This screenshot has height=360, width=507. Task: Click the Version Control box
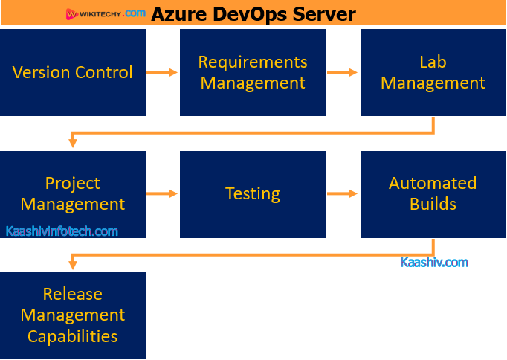pyautogui.click(x=73, y=73)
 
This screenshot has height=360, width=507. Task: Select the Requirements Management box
pyautogui.click(x=253, y=73)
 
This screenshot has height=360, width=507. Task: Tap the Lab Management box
pyautogui.click(x=433, y=73)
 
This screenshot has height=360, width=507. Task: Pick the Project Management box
pyautogui.click(x=73, y=193)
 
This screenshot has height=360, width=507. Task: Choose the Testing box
pyautogui.click(x=253, y=194)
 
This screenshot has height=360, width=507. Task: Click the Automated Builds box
pyautogui.click(x=433, y=193)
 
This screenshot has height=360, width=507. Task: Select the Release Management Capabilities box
pyautogui.click(x=73, y=315)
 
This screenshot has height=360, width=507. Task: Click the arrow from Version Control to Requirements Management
pyautogui.click(x=162, y=72)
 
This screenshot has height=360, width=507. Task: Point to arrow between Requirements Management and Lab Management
pyautogui.click(x=343, y=72)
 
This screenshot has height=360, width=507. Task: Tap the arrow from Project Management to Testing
pyautogui.click(x=162, y=193)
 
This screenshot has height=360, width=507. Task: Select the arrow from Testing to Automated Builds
pyautogui.click(x=343, y=193)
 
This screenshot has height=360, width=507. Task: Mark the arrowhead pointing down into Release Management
pyautogui.click(x=73, y=263)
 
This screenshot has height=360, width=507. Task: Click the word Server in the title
pyautogui.click(x=325, y=13)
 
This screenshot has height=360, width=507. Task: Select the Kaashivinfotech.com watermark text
pyautogui.click(x=62, y=231)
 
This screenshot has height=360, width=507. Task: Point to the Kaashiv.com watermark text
pyautogui.click(x=434, y=262)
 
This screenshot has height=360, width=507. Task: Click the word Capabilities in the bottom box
pyautogui.click(x=73, y=336)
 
